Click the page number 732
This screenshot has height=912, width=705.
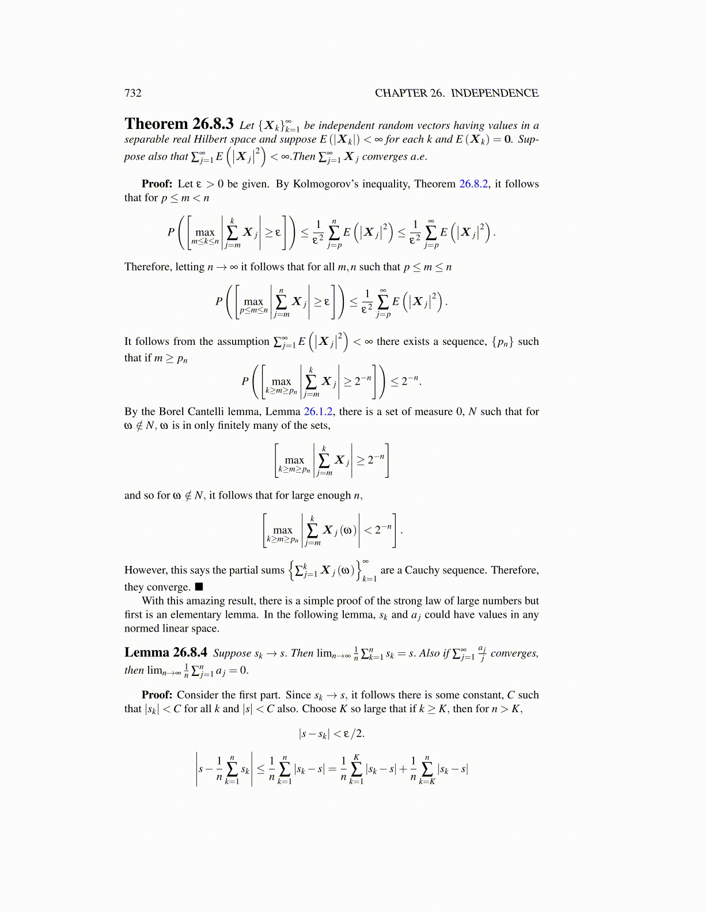click(x=133, y=93)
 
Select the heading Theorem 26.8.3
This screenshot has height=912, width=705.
click(x=179, y=124)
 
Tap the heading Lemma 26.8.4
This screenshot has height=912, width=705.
click(x=166, y=652)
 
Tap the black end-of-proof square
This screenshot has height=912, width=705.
click(x=199, y=587)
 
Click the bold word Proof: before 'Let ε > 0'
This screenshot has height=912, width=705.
click(x=157, y=184)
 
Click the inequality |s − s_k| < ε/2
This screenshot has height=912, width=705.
click(x=331, y=734)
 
